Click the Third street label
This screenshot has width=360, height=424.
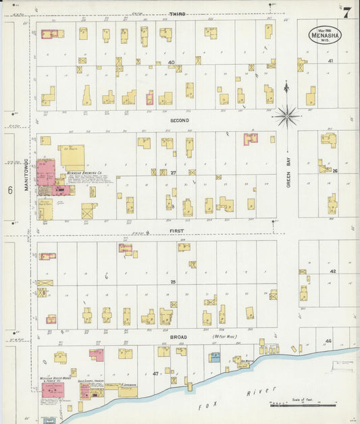point(177,14)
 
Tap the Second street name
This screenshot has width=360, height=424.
point(180,120)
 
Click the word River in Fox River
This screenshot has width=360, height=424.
point(269,392)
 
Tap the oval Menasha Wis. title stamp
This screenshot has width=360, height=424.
point(326,34)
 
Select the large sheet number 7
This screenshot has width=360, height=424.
point(346,12)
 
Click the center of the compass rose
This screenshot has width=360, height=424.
point(287,117)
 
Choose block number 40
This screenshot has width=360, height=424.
point(172,63)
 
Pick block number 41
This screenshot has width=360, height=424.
point(331,61)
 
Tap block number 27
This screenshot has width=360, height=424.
point(173,172)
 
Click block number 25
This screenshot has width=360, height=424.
point(173,281)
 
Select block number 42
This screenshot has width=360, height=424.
point(332,271)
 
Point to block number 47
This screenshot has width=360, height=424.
point(155,373)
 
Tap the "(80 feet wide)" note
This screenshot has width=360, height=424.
point(224,336)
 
